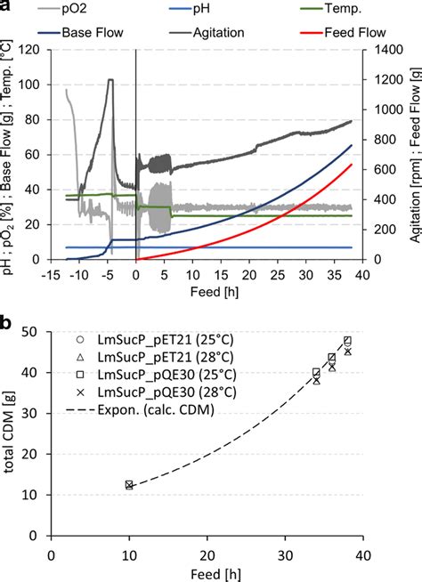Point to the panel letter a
(7, 8)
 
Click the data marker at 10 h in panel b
(129, 485)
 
